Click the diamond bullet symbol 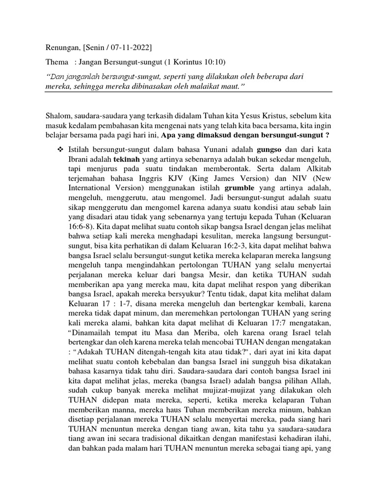pos(60,149)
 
